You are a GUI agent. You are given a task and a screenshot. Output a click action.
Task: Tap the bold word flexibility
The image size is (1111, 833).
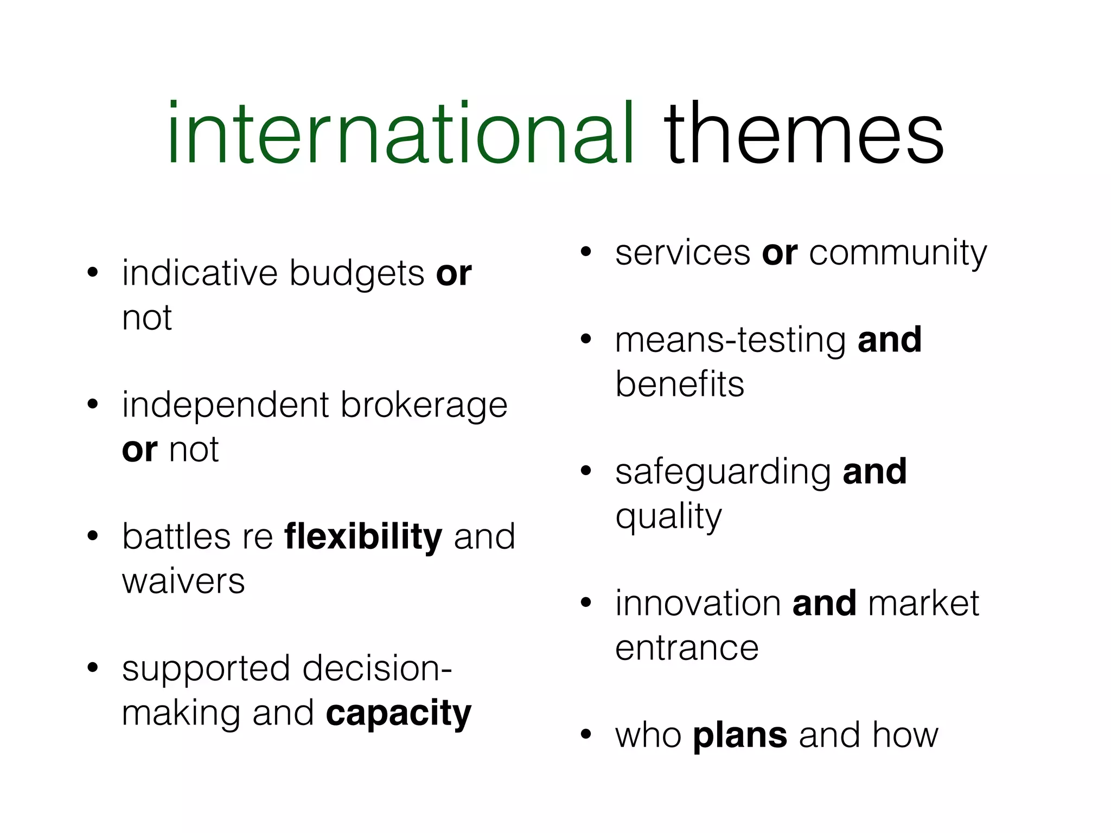click(x=363, y=537)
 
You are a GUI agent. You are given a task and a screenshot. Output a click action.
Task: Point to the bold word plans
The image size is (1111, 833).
click(x=740, y=735)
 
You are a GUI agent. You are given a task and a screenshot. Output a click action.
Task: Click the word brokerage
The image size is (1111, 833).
click(x=424, y=406)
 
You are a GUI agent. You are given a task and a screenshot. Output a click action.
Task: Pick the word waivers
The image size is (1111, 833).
click(x=183, y=582)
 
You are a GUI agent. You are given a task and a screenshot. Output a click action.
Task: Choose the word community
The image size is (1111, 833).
click(x=898, y=254)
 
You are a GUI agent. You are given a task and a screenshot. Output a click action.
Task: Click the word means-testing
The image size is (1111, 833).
click(x=730, y=341)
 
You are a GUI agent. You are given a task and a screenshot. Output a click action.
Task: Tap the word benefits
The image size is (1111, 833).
click(x=680, y=385)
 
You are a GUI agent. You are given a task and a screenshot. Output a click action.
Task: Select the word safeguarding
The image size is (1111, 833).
click(x=723, y=472)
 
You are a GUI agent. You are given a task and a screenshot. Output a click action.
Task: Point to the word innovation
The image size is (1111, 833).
click(x=698, y=603)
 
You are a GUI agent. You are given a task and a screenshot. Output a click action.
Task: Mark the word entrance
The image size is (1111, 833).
click(x=687, y=648)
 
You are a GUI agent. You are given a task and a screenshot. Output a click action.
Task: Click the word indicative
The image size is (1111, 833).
click(x=199, y=273)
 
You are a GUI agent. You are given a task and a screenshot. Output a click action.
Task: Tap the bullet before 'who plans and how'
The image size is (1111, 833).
click(x=585, y=735)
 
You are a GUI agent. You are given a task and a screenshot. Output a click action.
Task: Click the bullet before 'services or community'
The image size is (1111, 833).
click(x=585, y=252)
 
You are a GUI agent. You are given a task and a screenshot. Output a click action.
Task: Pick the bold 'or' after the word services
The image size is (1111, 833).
click(x=780, y=254)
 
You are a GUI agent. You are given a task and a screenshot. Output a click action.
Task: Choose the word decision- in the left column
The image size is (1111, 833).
click(x=376, y=669)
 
